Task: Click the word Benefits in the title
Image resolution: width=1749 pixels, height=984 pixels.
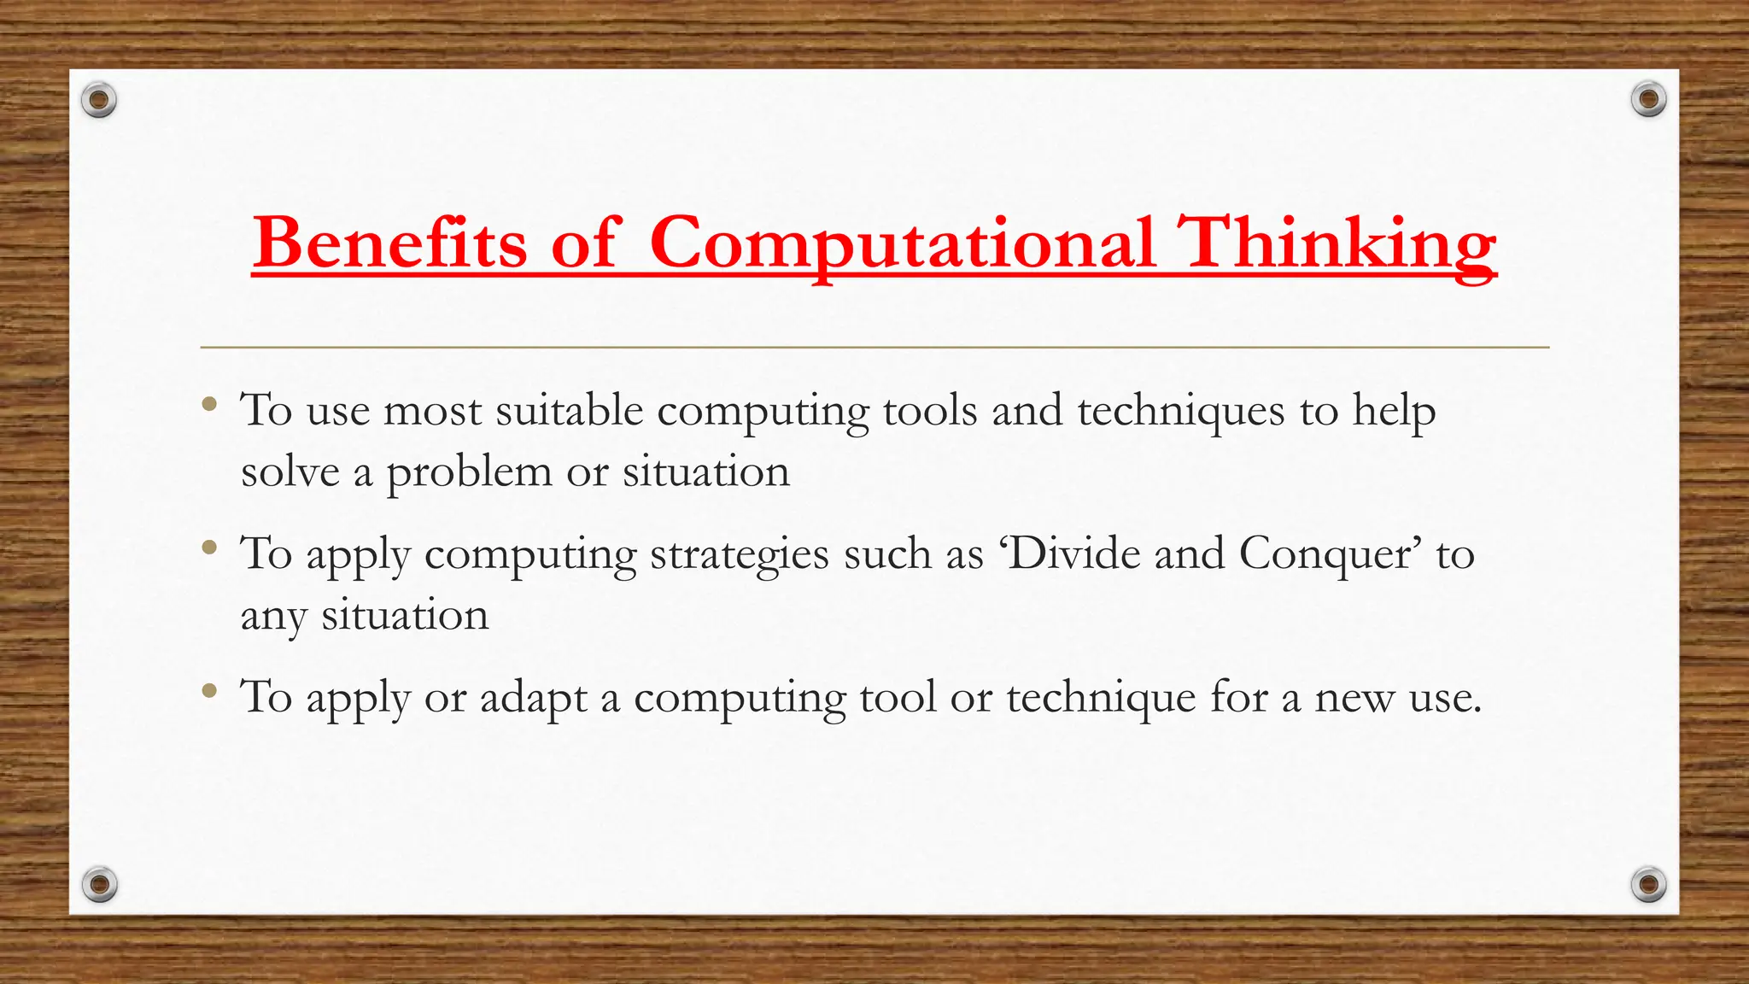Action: point(389,243)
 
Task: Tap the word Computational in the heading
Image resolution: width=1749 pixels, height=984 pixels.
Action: point(903,243)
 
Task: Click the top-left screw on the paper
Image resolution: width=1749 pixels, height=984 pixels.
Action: point(99,101)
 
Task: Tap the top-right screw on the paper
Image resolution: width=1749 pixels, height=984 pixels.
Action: point(1648,100)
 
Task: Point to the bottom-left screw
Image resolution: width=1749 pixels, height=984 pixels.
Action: point(100,883)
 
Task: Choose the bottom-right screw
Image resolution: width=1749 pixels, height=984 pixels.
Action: point(1648,883)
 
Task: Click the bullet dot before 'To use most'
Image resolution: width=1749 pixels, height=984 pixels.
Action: point(209,402)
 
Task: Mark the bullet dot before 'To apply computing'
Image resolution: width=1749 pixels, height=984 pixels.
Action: point(209,546)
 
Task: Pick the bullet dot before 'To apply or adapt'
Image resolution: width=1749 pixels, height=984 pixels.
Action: point(209,689)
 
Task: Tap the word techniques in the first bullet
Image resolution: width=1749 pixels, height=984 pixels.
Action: point(1181,412)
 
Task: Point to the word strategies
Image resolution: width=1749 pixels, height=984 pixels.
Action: point(740,555)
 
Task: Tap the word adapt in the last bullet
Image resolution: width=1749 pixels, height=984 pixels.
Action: point(534,699)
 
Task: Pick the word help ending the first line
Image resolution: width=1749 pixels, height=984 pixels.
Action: point(1395,412)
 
